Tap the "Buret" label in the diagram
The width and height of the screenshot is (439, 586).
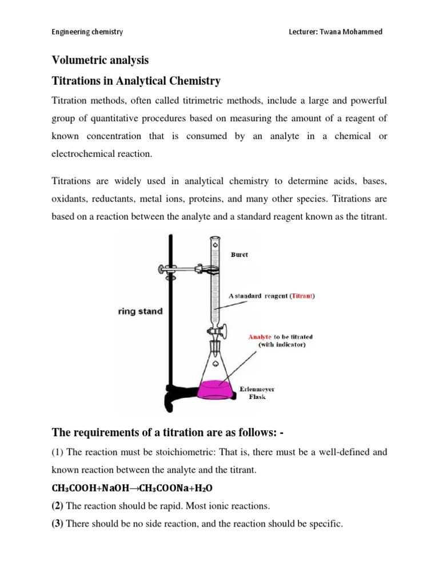click(239, 255)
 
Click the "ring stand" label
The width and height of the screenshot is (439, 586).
click(141, 312)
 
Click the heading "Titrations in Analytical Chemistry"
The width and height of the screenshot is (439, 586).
click(136, 81)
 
